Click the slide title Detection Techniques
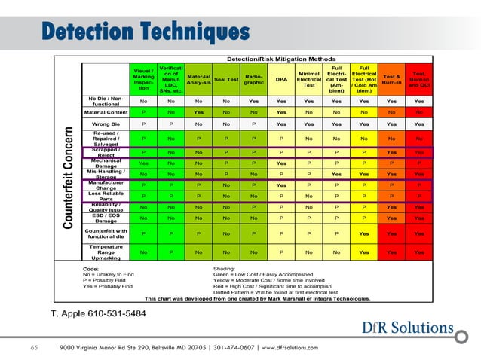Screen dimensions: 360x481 coord(145,31)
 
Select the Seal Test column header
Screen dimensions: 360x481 coord(226,79)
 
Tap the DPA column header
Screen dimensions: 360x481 coord(281,79)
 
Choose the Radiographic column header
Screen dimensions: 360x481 coord(254,79)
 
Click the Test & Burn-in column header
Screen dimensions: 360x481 coord(392,79)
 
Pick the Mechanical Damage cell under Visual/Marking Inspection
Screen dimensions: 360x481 coord(143,162)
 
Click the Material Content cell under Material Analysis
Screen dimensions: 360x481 coord(198,112)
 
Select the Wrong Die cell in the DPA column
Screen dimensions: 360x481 coord(281,125)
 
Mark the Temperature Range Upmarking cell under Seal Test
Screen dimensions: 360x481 coord(226,252)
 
